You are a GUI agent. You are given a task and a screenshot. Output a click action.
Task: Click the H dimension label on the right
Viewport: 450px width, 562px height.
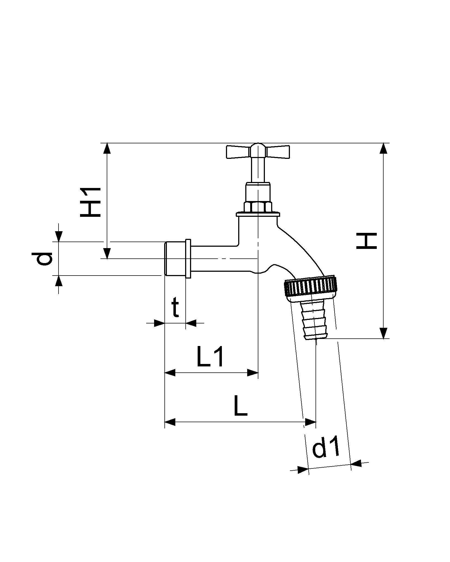pyautogui.click(x=367, y=240)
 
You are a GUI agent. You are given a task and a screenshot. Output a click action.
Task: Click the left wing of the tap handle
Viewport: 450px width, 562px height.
pyautogui.click(x=237, y=152)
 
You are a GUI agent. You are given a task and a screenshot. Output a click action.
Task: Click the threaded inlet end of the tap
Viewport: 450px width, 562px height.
pyautogui.click(x=175, y=258)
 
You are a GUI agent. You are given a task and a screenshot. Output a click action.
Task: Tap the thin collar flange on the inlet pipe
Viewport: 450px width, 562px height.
pyautogui.click(x=188, y=258)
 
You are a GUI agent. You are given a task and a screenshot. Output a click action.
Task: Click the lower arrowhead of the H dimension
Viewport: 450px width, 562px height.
pyautogui.click(x=384, y=333)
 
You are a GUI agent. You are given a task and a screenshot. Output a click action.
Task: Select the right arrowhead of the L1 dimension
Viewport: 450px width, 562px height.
pyautogui.click(x=252, y=373)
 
